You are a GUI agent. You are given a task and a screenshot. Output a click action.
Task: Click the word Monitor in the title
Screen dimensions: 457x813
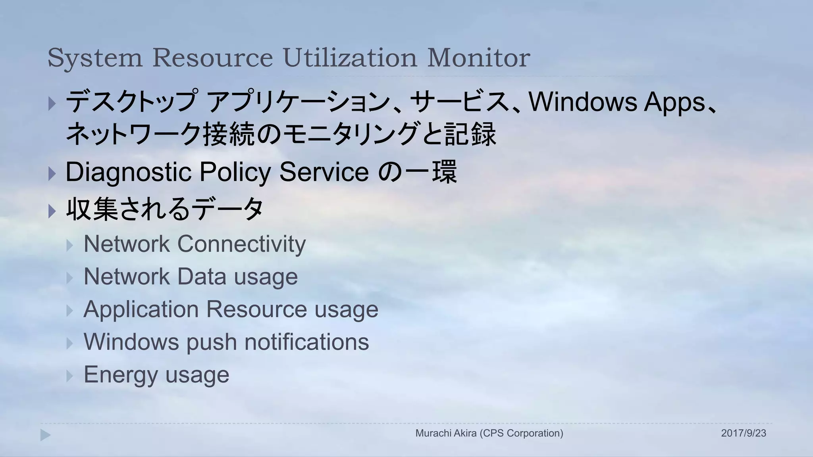pos(478,58)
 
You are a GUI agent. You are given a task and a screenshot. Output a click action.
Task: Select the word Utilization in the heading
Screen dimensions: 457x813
pos(350,58)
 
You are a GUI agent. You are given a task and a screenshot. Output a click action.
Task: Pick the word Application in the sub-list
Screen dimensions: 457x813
pos(141,309)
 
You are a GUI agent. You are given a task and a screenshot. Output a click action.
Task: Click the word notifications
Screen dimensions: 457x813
pos(306,342)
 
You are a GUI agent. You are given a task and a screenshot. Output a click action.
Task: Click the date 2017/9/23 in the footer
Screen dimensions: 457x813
pos(744,433)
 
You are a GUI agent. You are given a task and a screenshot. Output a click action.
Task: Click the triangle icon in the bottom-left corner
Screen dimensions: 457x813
pos(45,435)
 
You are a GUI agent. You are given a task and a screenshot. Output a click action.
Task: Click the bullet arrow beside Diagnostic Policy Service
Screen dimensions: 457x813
pos(52,173)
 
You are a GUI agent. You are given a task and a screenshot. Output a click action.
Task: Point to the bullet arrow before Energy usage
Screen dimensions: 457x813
pos(70,376)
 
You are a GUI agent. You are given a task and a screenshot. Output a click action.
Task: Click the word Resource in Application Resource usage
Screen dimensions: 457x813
pos(256,309)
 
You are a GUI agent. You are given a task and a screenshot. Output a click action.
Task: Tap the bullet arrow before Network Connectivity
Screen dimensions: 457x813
pos(70,245)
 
